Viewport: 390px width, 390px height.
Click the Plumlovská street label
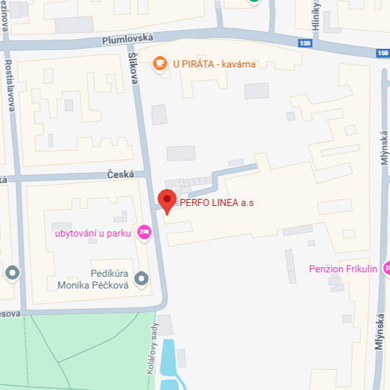click(x=128, y=40)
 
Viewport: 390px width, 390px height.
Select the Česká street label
click(x=120, y=174)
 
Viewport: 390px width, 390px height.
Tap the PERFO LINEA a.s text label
click(x=216, y=203)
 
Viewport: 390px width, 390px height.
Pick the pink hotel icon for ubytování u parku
click(x=144, y=232)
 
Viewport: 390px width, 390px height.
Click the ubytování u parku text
click(x=93, y=232)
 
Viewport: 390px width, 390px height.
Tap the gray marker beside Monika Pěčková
click(x=141, y=279)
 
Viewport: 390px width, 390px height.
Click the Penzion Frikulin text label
click(x=343, y=268)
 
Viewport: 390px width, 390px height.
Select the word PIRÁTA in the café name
click(x=200, y=64)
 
